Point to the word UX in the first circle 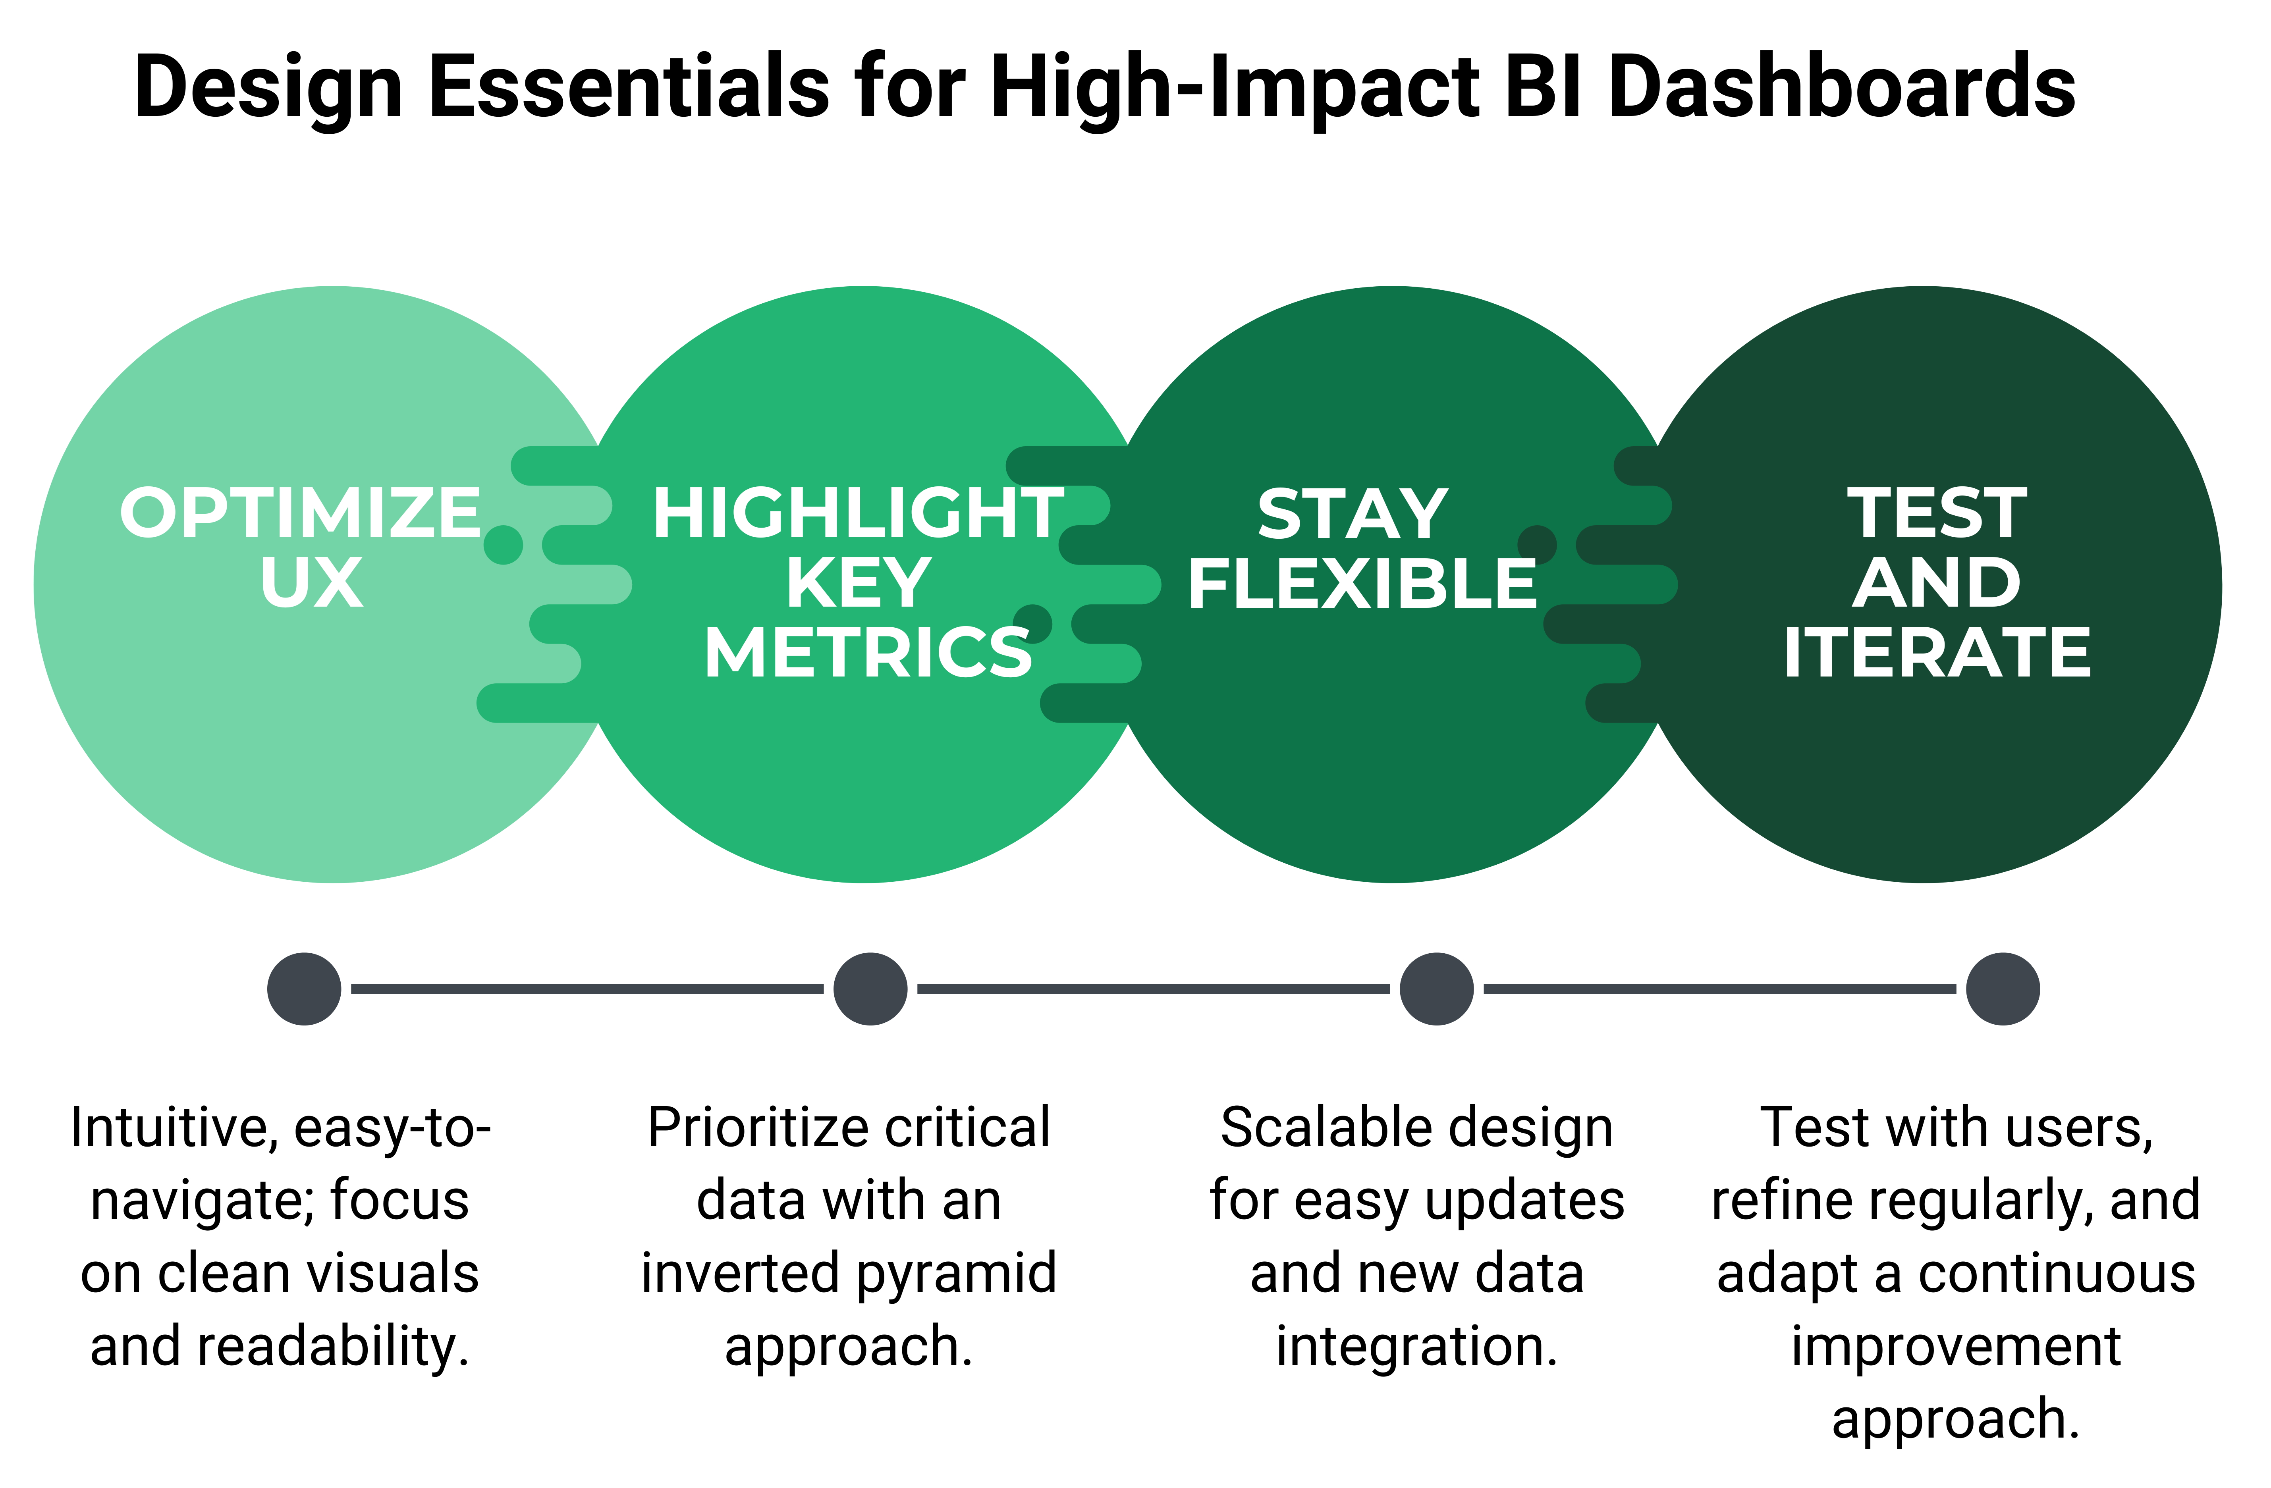[311, 583]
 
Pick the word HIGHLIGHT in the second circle [857, 513]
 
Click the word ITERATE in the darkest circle [1937, 653]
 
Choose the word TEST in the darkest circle [1937, 513]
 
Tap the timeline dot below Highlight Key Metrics [870, 989]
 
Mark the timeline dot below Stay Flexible [1436, 989]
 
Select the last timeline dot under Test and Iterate [2003, 989]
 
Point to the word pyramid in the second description [956, 1273]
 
